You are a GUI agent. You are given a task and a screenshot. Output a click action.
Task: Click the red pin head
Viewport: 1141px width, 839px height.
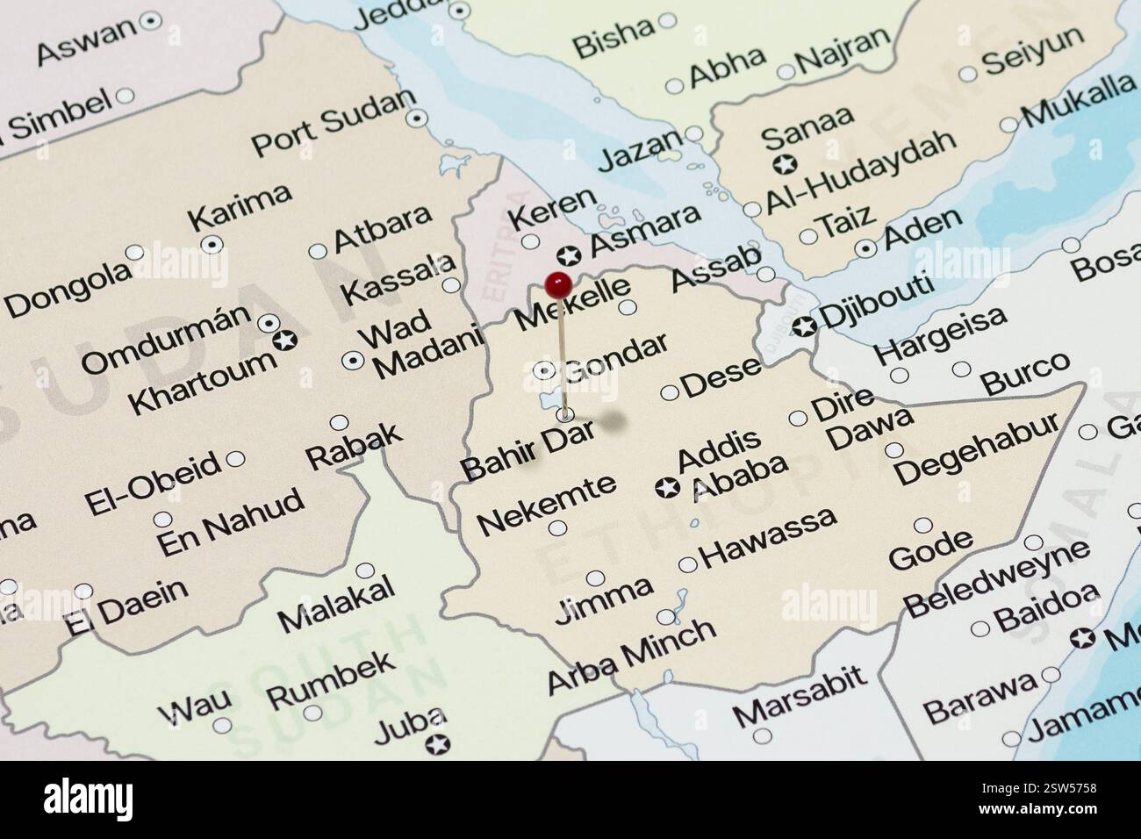[558, 283]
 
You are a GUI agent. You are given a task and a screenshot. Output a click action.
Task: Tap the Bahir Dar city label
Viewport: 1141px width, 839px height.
[529, 449]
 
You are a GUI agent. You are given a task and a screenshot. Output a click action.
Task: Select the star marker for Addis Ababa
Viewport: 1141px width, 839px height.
[668, 486]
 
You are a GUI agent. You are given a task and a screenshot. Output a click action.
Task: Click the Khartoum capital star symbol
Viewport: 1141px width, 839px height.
[283, 340]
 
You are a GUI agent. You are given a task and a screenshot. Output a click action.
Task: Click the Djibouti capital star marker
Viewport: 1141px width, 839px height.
[803, 327]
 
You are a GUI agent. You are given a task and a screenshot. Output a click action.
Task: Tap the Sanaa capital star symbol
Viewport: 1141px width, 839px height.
[785, 163]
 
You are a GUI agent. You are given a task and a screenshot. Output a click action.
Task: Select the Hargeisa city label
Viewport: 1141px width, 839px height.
[940, 339]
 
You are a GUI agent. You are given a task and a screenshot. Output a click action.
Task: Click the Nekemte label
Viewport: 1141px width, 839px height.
[546, 505]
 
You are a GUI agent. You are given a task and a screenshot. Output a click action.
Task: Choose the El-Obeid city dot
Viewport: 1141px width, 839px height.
[235, 459]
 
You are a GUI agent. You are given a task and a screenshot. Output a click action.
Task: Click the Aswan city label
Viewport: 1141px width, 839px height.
[88, 40]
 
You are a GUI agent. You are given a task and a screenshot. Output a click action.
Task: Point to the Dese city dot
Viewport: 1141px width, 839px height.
[669, 392]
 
